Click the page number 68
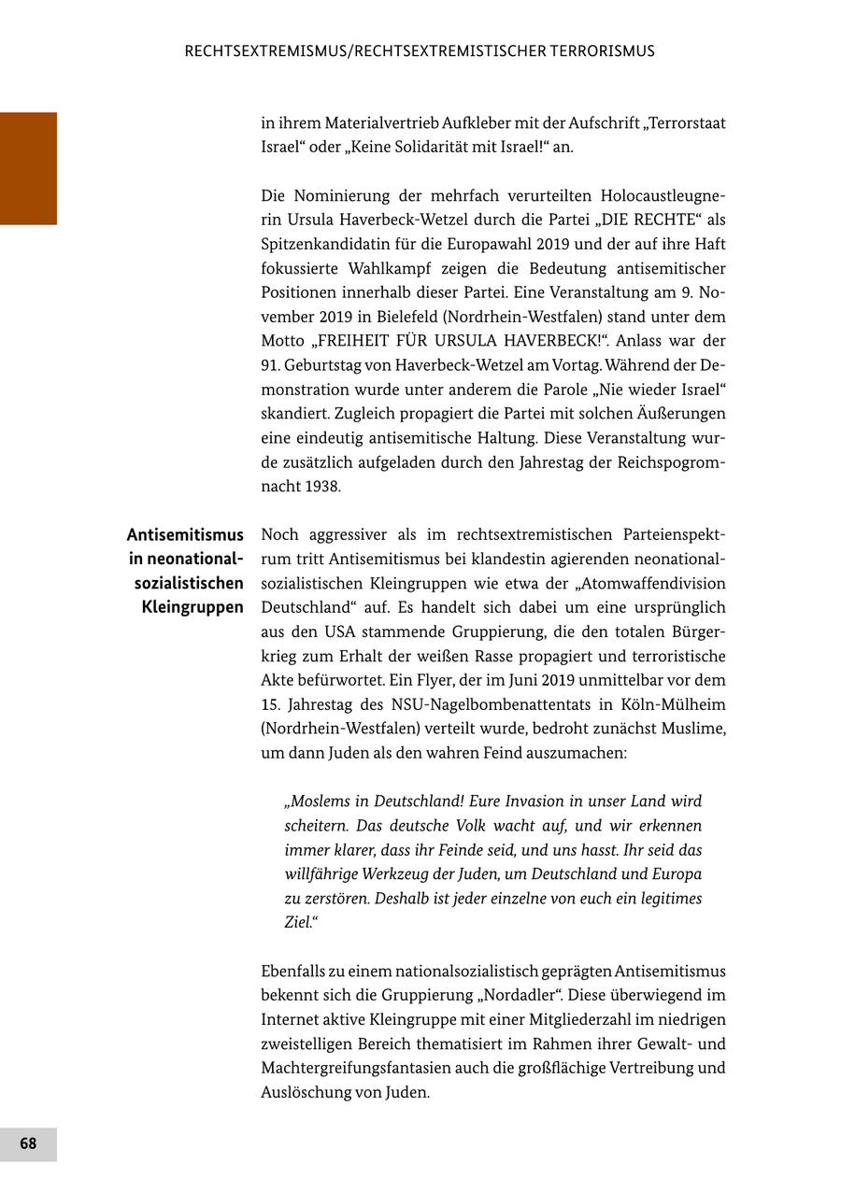click(28, 1143)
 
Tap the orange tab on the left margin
click(28, 168)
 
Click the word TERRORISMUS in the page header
click(597, 51)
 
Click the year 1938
click(322, 487)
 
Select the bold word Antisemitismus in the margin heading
click(185, 534)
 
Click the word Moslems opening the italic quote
click(319, 802)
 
